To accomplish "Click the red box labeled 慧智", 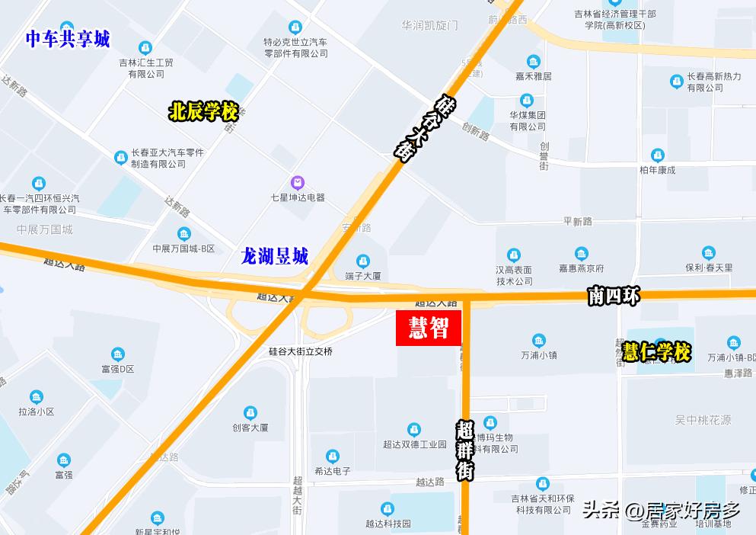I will pyautogui.click(x=429, y=328).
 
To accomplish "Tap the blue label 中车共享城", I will pyautogui.click(x=69, y=39).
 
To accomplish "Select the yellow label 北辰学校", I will pyautogui.click(x=203, y=112).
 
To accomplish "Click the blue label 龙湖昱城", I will pyautogui.click(x=274, y=256).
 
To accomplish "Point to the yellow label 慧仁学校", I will pyautogui.click(x=656, y=352).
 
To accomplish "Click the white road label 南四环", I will pyautogui.click(x=614, y=296).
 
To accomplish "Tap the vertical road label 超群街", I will pyautogui.click(x=465, y=450).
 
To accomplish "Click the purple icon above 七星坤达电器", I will pyautogui.click(x=298, y=182).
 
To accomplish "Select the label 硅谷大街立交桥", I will pyautogui.click(x=301, y=351).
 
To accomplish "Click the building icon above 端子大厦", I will pyautogui.click(x=362, y=261).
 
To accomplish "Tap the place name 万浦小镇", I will pyautogui.click(x=539, y=355).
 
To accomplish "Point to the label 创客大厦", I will pyautogui.click(x=250, y=428).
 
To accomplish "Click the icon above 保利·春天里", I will pyautogui.click(x=709, y=253).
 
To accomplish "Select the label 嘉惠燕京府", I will pyautogui.click(x=581, y=268).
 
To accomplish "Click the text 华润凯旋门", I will pyautogui.click(x=429, y=25).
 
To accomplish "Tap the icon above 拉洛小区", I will pyautogui.click(x=37, y=397).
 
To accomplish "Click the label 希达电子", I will pyautogui.click(x=333, y=471).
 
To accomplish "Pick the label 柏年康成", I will pyautogui.click(x=657, y=169).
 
